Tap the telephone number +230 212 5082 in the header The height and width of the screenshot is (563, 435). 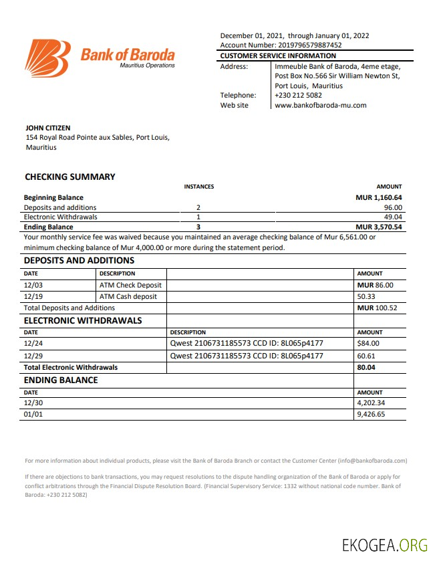click(298, 95)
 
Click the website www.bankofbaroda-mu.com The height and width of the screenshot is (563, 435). click(320, 105)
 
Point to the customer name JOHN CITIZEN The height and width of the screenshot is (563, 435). click(47, 128)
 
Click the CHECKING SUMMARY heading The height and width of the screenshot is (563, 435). click(70, 177)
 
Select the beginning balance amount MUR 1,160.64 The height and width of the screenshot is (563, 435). click(379, 197)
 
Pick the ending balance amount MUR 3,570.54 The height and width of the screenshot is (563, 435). click(379, 227)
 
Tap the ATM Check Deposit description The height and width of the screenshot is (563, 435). click(130, 285)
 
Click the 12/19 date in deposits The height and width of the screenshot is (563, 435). click(33, 296)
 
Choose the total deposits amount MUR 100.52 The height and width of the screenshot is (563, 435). click(377, 308)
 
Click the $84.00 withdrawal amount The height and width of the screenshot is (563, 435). click(368, 344)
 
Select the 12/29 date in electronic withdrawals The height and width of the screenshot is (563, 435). click(33, 356)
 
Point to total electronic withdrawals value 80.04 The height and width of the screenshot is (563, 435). click(366, 367)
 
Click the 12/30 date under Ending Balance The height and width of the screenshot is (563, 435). click(33, 403)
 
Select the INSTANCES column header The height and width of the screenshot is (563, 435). click(198, 187)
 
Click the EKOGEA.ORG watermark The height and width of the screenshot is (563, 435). click(384, 545)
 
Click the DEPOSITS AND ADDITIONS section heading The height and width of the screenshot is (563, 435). click(79, 261)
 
